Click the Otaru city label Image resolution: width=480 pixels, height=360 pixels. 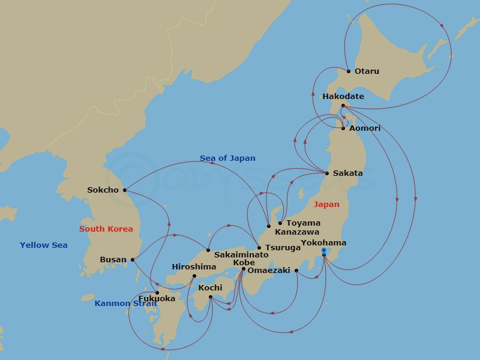[367, 71]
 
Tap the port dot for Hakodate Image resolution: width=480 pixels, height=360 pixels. [343, 106]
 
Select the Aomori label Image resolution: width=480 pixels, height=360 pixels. [365, 128]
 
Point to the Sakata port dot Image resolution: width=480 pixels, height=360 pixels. [327, 173]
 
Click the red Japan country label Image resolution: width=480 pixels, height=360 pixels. [327, 205]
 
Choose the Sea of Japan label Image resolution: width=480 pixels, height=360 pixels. [227, 158]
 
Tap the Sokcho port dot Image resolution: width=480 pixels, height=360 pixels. [125, 190]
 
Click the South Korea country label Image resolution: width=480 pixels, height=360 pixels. [106, 229]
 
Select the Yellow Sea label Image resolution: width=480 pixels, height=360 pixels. [44, 245]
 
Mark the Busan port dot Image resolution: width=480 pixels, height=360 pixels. [132, 260]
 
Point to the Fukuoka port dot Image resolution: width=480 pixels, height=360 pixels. [157, 293]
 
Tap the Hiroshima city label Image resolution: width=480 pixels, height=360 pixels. [194, 267]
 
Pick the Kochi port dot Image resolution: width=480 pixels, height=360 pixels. [211, 296]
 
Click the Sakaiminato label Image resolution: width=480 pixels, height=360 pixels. [241, 255]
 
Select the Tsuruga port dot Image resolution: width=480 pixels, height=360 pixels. [259, 248]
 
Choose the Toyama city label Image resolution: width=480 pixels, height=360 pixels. [303, 223]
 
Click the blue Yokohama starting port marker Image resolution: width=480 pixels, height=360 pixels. [324, 250]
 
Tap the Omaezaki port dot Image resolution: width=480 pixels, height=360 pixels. [296, 271]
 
